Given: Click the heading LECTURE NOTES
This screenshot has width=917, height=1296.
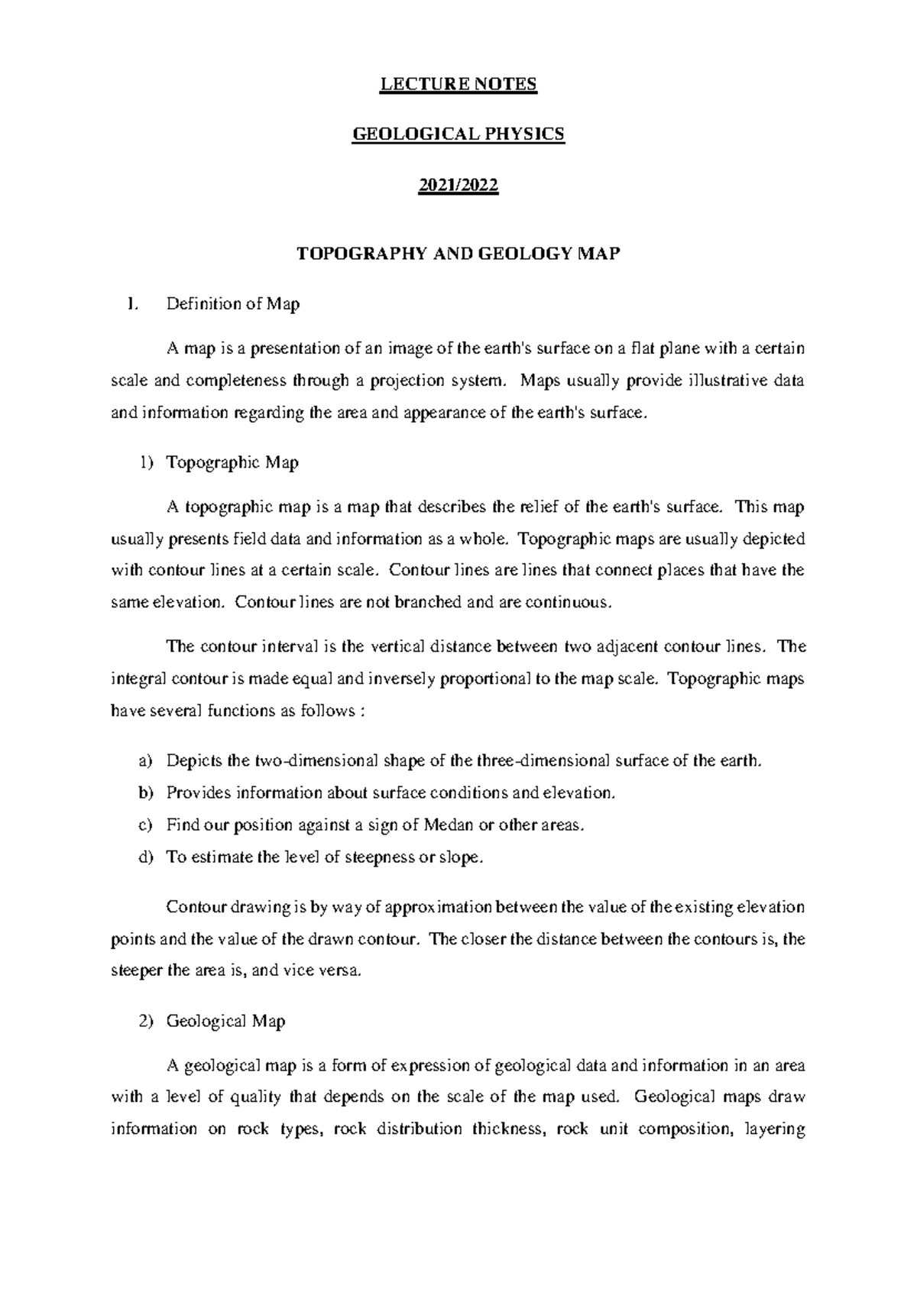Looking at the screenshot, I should coord(458,84).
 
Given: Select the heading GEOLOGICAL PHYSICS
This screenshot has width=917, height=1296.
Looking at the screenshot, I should coord(458,135).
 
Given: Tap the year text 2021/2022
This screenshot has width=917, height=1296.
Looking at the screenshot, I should coord(458,186).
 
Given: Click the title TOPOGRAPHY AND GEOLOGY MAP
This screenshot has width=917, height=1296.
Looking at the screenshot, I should coord(458,254).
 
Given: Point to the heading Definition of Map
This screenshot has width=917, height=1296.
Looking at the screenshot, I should coord(233,304).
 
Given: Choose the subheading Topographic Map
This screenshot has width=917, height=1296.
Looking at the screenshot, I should coord(232,462).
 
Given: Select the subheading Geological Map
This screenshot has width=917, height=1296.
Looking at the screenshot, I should coord(225,1021).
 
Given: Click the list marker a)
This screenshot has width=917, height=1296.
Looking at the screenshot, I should coord(145,761).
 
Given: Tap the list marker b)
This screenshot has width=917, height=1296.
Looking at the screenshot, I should coord(145,793).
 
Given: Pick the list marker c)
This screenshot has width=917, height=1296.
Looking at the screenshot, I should coord(145,825).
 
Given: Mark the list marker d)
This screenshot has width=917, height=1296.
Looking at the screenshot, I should coord(145,857).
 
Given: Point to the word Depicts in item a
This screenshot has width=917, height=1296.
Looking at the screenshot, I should coord(195,761).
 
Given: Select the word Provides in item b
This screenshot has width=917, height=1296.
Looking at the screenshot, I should coord(198,793).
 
